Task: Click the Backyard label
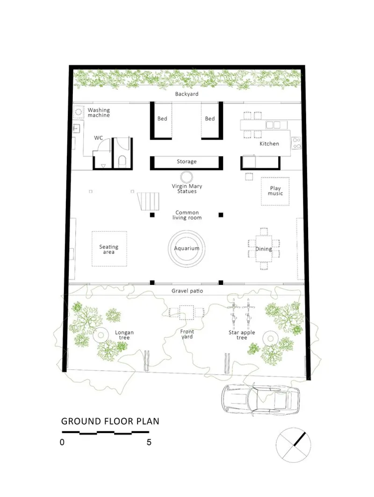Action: [x=187, y=94]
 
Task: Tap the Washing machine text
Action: [x=99, y=113]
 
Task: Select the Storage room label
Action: [x=187, y=162]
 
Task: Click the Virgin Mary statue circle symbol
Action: [x=187, y=177]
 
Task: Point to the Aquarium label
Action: [x=187, y=248]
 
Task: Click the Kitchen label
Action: [x=269, y=143]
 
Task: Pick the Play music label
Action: [x=275, y=191]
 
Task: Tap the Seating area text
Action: [x=108, y=249]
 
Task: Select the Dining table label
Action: [x=264, y=249]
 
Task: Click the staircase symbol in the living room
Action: [x=148, y=201]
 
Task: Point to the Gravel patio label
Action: [x=187, y=291]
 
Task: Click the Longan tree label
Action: [x=124, y=335]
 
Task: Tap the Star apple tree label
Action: [x=242, y=335]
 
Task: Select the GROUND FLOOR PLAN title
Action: [x=110, y=421]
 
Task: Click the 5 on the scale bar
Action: [x=149, y=442]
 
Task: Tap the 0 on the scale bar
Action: [x=62, y=442]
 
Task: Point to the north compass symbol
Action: [x=294, y=445]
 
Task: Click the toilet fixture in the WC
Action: [x=122, y=161]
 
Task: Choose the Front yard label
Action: [x=187, y=334]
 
